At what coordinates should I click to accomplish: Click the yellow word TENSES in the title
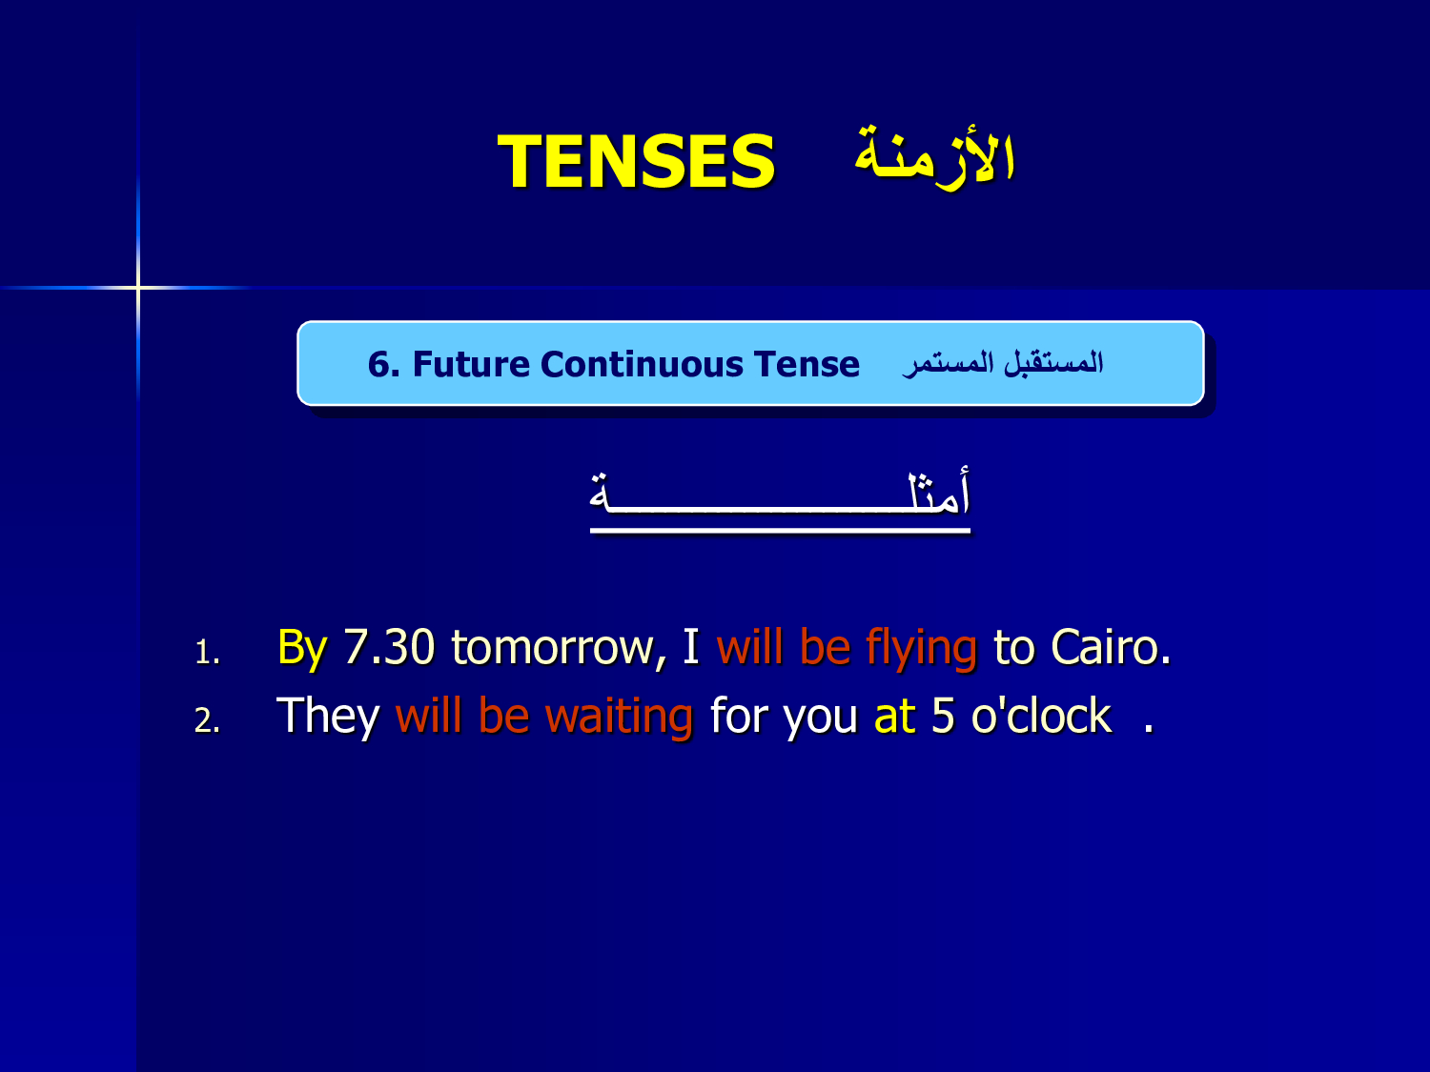click(636, 161)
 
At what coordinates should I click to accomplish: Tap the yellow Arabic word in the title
click(935, 156)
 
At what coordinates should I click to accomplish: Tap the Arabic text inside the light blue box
click(1003, 363)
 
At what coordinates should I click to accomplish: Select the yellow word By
click(302, 649)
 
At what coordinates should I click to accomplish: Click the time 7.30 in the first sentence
click(389, 647)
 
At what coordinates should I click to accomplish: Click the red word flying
click(921, 648)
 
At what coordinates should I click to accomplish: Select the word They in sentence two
click(328, 717)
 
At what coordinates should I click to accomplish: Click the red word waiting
click(619, 717)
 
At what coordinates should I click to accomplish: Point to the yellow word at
click(894, 717)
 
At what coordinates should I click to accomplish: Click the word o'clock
click(1041, 716)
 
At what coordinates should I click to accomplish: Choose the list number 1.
click(207, 652)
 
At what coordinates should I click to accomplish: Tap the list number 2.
click(207, 720)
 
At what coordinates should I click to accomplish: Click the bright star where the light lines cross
click(138, 287)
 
